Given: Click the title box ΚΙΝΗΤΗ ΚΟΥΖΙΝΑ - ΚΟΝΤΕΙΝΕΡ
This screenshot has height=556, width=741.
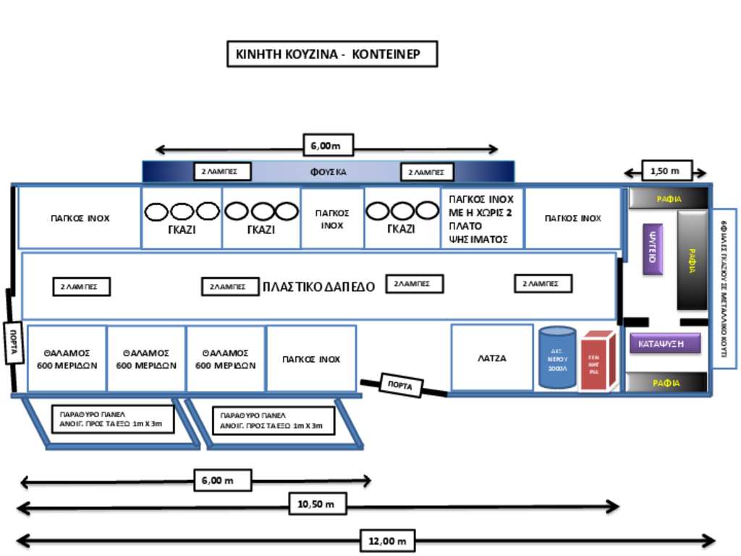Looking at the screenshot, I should (332, 54).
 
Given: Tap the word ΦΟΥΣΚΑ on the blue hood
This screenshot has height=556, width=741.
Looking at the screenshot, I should (329, 172).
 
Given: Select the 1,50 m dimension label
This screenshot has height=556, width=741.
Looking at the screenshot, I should (666, 171).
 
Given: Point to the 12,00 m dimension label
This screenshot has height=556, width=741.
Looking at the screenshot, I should (387, 540).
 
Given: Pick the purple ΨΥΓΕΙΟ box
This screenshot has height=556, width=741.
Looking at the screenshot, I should (652, 248).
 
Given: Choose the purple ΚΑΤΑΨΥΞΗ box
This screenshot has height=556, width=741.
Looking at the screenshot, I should (664, 343).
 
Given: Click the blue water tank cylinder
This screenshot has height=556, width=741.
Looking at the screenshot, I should (557, 357).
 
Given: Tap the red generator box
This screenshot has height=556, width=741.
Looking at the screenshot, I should (598, 360).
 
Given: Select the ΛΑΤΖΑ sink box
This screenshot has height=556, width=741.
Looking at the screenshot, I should (492, 358).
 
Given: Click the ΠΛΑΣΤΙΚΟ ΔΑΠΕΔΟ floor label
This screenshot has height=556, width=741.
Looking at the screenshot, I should (318, 287).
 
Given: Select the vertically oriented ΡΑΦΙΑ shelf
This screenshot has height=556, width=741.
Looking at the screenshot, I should (692, 259).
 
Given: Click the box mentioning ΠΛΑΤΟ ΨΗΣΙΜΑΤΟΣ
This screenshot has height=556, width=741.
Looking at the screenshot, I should (481, 217).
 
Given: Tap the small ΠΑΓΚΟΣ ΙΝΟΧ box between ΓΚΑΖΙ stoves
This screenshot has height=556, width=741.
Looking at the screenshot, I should (332, 219).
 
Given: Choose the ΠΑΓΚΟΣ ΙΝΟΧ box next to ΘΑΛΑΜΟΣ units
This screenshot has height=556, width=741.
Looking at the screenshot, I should (310, 359).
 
